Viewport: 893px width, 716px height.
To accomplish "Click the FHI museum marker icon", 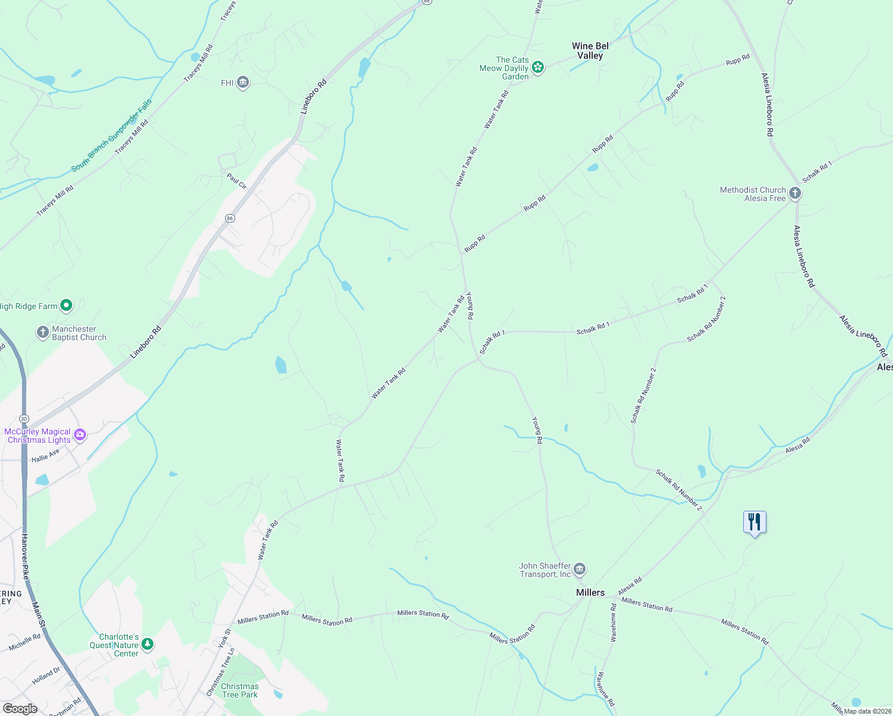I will pos(242,82).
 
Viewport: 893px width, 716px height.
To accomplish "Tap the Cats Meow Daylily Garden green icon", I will pos(538,67).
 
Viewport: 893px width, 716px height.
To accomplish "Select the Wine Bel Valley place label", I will pos(590,51).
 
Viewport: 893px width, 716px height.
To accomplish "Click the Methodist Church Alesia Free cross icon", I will pos(795,193).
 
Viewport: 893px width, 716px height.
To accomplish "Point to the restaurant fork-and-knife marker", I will pos(755,522).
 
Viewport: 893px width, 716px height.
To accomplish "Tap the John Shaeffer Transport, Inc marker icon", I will pos(580,570).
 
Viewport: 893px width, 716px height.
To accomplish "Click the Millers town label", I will pos(590,592).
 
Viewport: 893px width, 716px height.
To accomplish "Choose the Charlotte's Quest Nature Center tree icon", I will pos(147,644).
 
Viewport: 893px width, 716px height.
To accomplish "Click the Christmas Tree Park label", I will pos(239,690).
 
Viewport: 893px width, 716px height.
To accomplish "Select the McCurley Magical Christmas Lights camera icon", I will pos(79,436).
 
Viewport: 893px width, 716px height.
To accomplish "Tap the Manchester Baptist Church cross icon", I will pos(42,332).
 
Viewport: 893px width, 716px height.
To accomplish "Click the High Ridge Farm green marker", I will pos(66,306).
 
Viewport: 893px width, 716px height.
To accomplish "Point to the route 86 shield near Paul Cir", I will pos(230,218).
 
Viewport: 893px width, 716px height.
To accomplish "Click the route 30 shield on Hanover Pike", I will pos(24,419).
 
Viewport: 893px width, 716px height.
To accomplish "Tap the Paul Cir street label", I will pos(236,181).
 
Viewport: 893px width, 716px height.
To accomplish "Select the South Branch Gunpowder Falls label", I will pos(112,135).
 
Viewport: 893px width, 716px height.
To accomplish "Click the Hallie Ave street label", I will pos(46,456).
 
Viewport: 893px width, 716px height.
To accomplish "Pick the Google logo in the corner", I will pos(20,708).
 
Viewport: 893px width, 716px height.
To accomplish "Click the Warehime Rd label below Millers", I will pos(613,622).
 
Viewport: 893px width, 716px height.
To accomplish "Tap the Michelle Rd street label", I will pos(24,642).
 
